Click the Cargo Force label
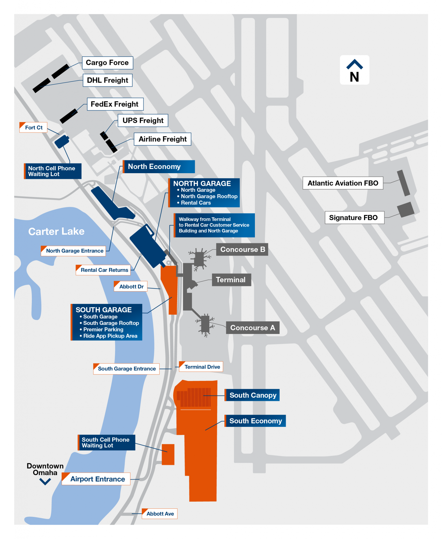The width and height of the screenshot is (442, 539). [x=107, y=63]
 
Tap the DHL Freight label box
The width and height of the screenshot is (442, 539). [x=107, y=80]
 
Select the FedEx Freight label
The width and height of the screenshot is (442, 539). [x=115, y=104]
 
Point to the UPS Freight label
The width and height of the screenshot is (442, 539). [x=143, y=121]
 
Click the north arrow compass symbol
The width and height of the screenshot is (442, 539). [x=354, y=70]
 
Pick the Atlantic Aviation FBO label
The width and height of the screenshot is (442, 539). [x=343, y=183]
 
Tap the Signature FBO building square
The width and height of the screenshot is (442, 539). [x=405, y=209]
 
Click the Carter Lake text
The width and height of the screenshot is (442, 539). [x=56, y=231]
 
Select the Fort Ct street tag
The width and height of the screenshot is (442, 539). [x=33, y=128]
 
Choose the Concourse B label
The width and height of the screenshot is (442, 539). [x=242, y=249]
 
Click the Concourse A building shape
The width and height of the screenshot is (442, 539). [x=205, y=324]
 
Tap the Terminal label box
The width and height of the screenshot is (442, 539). [x=231, y=280]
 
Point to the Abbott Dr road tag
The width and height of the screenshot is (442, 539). [x=131, y=287]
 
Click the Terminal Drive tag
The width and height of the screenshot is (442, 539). [x=201, y=367]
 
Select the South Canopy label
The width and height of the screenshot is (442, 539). [x=252, y=395]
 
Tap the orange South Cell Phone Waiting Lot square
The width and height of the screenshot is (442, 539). [x=168, y=455]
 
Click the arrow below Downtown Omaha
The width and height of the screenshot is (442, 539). [x=45, y=482]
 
